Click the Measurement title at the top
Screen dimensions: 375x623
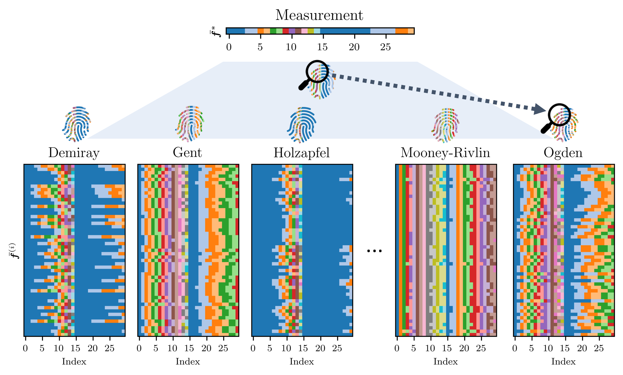[319, 15]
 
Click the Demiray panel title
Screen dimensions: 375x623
[74, 153]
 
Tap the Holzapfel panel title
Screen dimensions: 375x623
[302, 153]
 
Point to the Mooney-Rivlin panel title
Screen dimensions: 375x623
[445, 153]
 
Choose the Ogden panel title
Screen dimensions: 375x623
[563, 153]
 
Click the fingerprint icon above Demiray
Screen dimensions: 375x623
[77, 124]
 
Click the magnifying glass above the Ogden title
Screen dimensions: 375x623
[556, 118]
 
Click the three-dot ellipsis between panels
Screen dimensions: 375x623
[374, 251]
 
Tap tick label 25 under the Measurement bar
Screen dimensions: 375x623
[386, 47]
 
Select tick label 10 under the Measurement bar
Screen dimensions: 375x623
[291, 47]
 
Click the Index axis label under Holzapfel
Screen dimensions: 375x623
[302, 361]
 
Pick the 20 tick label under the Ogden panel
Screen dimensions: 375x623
[582, 348]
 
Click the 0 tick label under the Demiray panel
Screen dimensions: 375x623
[25, 348]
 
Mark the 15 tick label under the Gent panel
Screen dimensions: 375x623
[189, 348]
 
